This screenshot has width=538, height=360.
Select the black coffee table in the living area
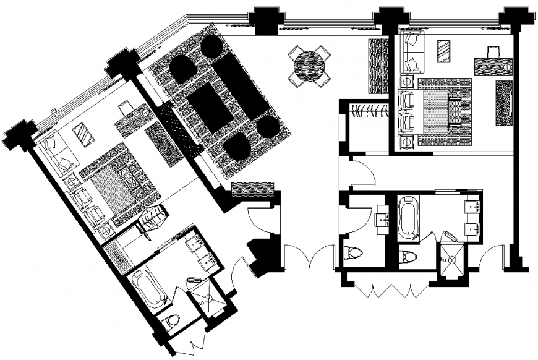click(210, 107)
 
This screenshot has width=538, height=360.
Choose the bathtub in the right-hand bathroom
click(409, 216)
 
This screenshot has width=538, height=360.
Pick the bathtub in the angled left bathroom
click(148, 288)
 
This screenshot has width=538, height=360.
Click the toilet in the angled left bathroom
click(172, 320)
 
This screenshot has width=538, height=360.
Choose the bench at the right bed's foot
click(455, 112)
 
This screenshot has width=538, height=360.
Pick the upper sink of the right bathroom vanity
click(473, 207)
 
